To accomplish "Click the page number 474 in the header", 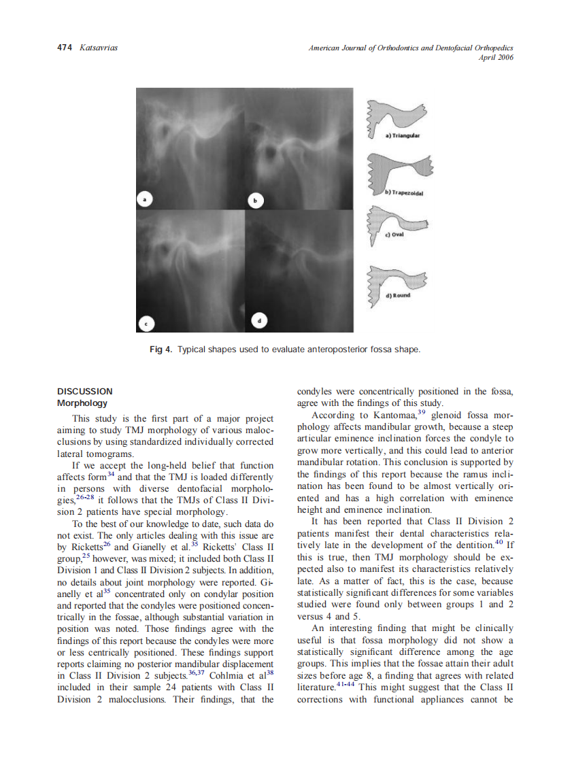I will point(65,48).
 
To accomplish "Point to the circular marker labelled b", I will point(255,201).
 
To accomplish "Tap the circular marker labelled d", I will point(260,320).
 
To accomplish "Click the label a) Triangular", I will point(403,135).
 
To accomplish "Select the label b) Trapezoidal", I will point(404,193).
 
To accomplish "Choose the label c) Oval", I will point(395,235).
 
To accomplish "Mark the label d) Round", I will point(399,296).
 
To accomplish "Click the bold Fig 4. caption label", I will point(161,350).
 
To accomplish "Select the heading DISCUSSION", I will point(85,392).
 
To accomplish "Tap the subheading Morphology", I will point(82,403).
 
